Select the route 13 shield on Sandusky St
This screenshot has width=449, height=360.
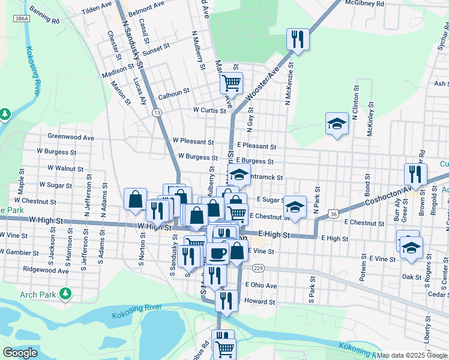click(x=157, y=112)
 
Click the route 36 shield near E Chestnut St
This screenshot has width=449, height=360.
click(x=334, y=214)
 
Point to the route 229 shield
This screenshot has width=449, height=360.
click(x=259, y=268)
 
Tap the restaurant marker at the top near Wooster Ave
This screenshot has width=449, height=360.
click(x=297, y=40)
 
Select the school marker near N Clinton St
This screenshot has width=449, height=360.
click(x=337, y=124)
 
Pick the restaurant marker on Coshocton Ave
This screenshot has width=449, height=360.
click(x=415, y=174)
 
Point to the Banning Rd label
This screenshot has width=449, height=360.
click(x=44, y=16)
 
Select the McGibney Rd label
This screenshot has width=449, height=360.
click(x=373, y=4)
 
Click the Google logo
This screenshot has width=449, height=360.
click(x=20, y=353)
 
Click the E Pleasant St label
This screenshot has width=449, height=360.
click(x=256, y=146)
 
